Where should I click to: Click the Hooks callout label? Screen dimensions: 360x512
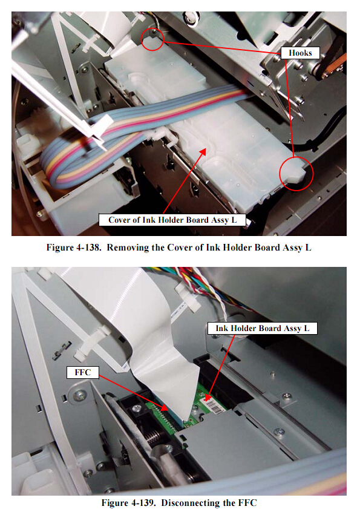click(300, 53)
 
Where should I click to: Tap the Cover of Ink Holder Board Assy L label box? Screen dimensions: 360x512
click(172, 220)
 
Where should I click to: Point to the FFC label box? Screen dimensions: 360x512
click(82, 372)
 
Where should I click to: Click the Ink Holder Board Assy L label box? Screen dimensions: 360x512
click(263, 328)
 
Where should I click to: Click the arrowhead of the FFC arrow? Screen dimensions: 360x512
click(164, 407)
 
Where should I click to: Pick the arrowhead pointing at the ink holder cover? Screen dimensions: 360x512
click(203, 151)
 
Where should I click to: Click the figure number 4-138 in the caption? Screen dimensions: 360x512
click(88, 248)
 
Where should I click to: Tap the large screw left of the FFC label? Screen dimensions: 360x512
click(79, 396)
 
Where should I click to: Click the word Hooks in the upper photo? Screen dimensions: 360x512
click(300, 53)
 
